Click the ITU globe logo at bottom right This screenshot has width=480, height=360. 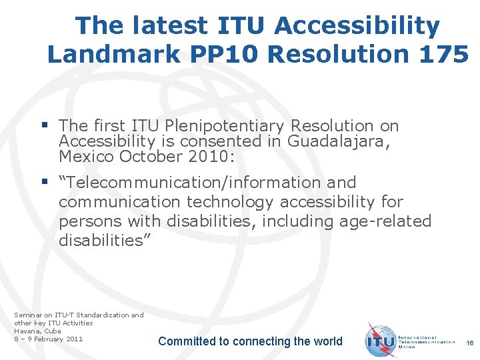pos(382,340)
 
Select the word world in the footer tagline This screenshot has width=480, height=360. pos(327,341)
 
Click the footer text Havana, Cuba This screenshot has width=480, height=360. pos(37,331)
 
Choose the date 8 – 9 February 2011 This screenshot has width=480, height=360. pos(49,339)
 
